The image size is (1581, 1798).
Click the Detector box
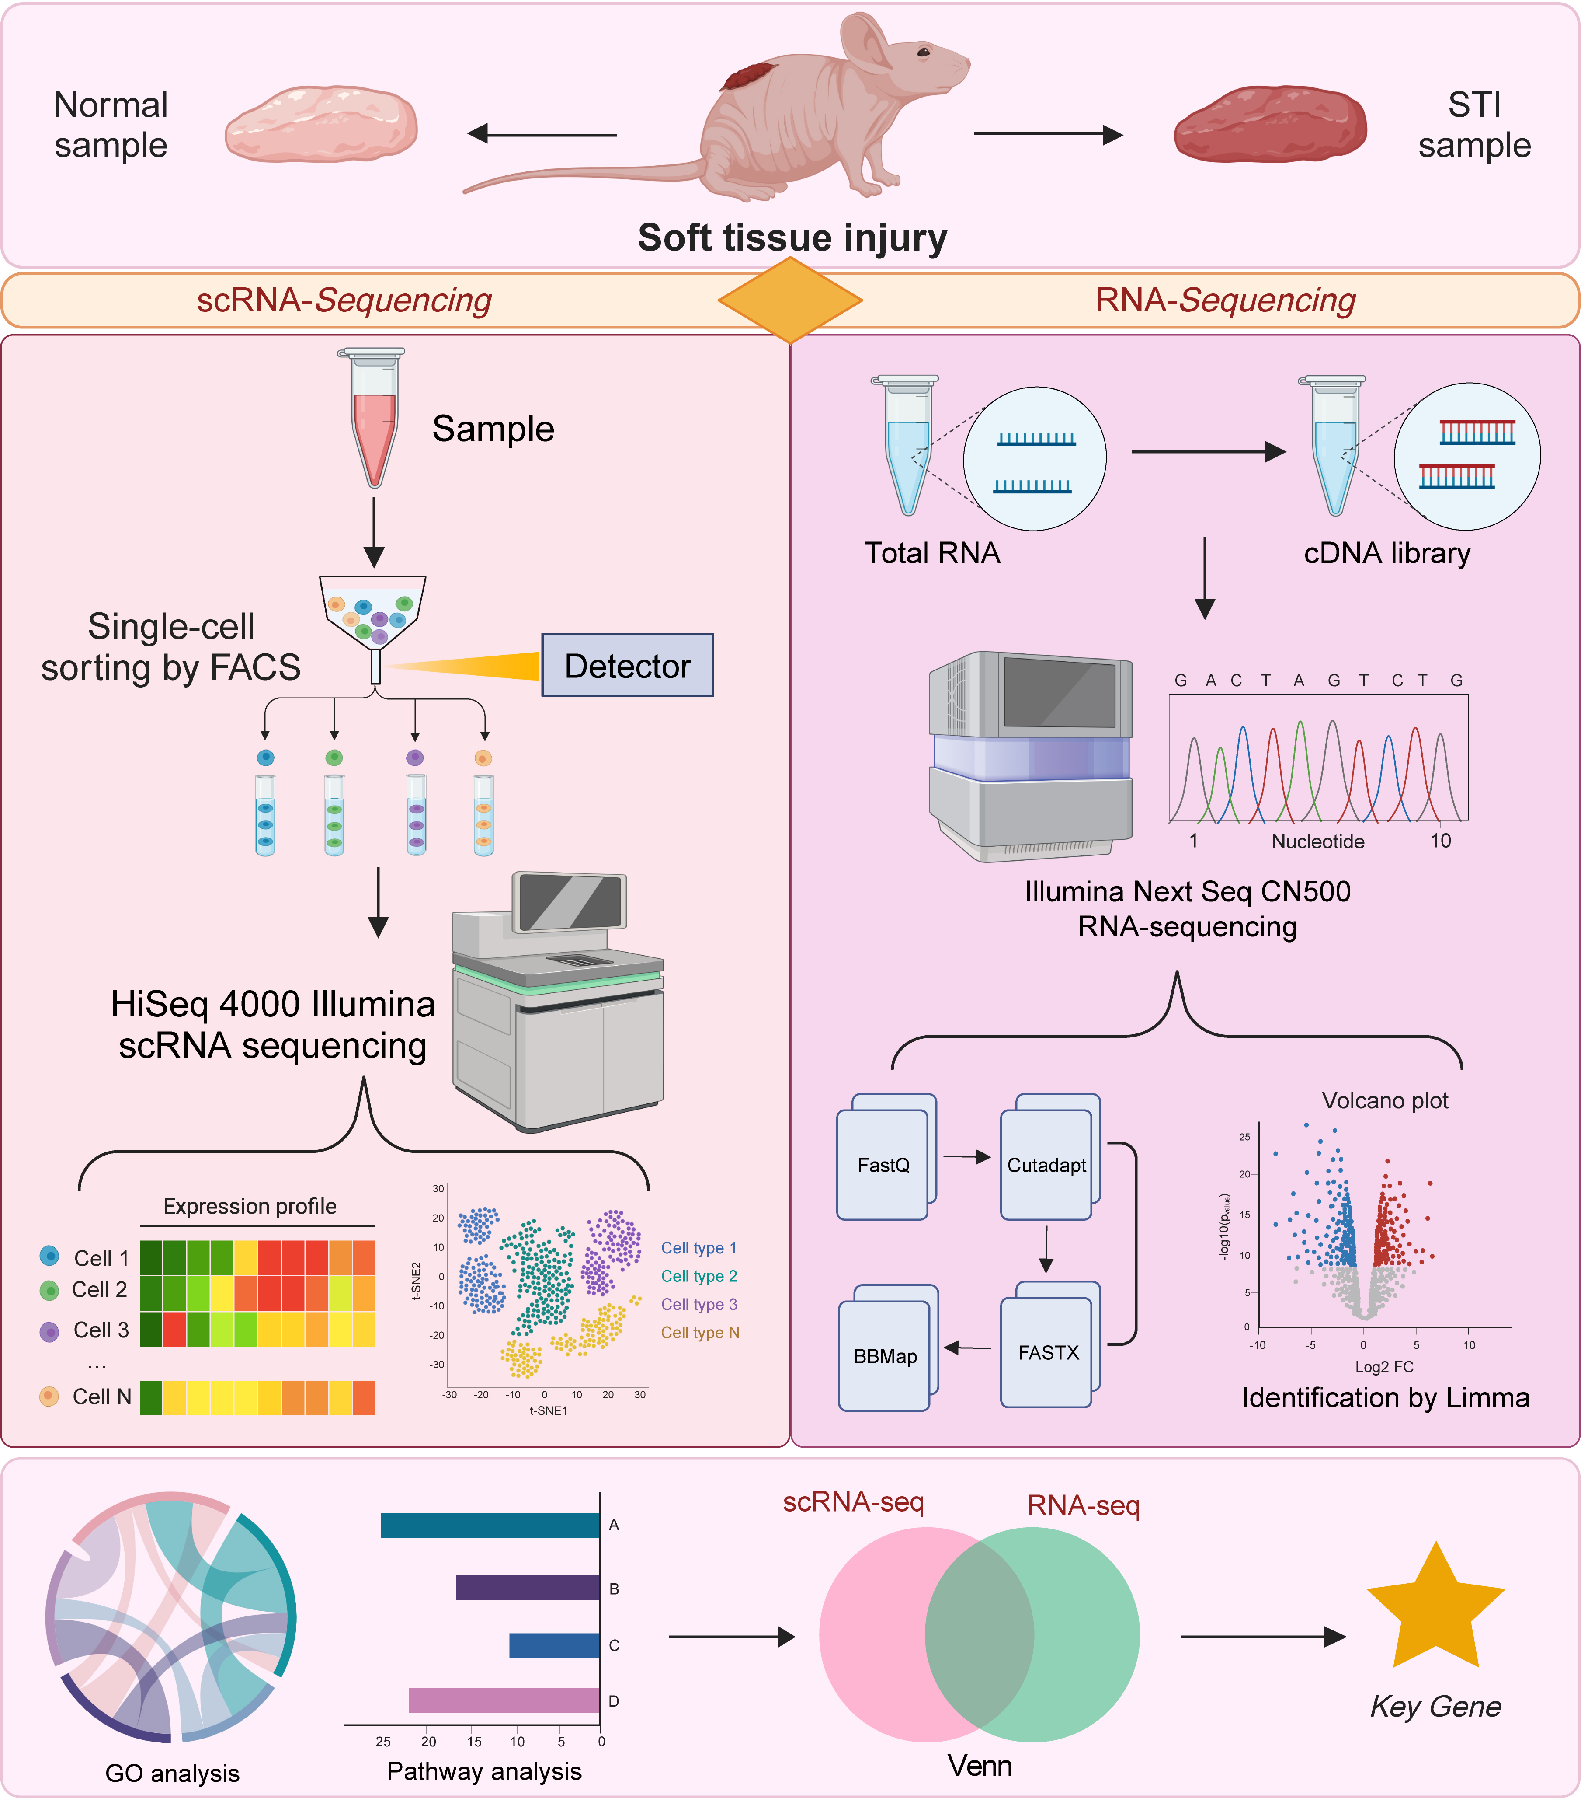(627, 665)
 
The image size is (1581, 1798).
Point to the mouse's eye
(923, 53)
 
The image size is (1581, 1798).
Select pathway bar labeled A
(490, 1526)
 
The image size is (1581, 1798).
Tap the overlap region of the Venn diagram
(980, 1634)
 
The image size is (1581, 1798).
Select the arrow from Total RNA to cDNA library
(1209, 452)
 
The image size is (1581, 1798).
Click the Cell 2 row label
(99, 1289)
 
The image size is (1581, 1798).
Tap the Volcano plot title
(1385, 1100)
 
